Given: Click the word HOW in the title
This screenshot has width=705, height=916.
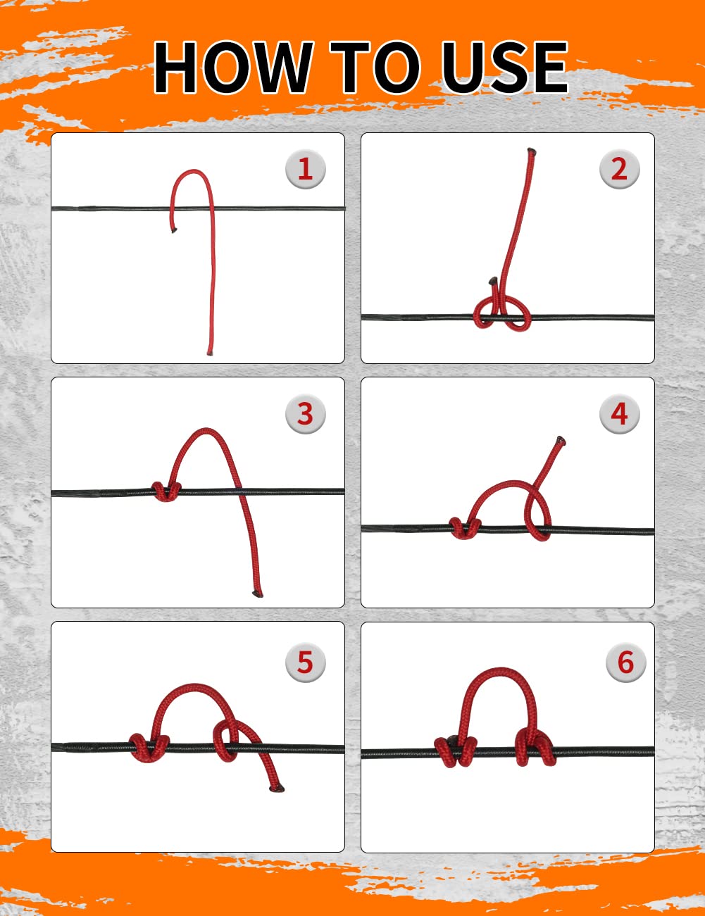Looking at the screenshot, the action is tap(233, 67).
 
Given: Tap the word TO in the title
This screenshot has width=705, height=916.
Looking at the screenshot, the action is tap(375, 67).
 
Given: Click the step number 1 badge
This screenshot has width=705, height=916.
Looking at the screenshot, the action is tap(305, 169).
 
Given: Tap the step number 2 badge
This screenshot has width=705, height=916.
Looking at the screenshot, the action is tap(619, 169).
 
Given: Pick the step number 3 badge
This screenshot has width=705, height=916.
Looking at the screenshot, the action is tap(305, 413).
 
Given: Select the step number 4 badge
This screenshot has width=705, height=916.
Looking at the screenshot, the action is tap(619, 413).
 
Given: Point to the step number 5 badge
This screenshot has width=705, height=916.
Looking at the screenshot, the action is tap(305, 662).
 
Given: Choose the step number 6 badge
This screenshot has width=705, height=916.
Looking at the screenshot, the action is tap(625, 662).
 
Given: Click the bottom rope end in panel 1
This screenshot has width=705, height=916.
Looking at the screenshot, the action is tap(210, 353).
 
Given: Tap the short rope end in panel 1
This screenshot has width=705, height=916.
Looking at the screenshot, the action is tap(173, 230).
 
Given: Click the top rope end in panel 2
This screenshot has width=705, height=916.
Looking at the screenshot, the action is tap(531, 150).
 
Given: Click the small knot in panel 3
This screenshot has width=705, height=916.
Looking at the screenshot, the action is tap(166, 491).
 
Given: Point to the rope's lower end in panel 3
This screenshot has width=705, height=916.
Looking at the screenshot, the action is tap(258, 594).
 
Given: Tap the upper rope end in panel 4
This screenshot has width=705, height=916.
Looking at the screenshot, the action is tap(561, 440).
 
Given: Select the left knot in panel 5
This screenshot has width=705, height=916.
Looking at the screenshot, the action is tap(149, 748).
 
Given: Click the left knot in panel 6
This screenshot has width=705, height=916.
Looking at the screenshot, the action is tap(456, 751).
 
